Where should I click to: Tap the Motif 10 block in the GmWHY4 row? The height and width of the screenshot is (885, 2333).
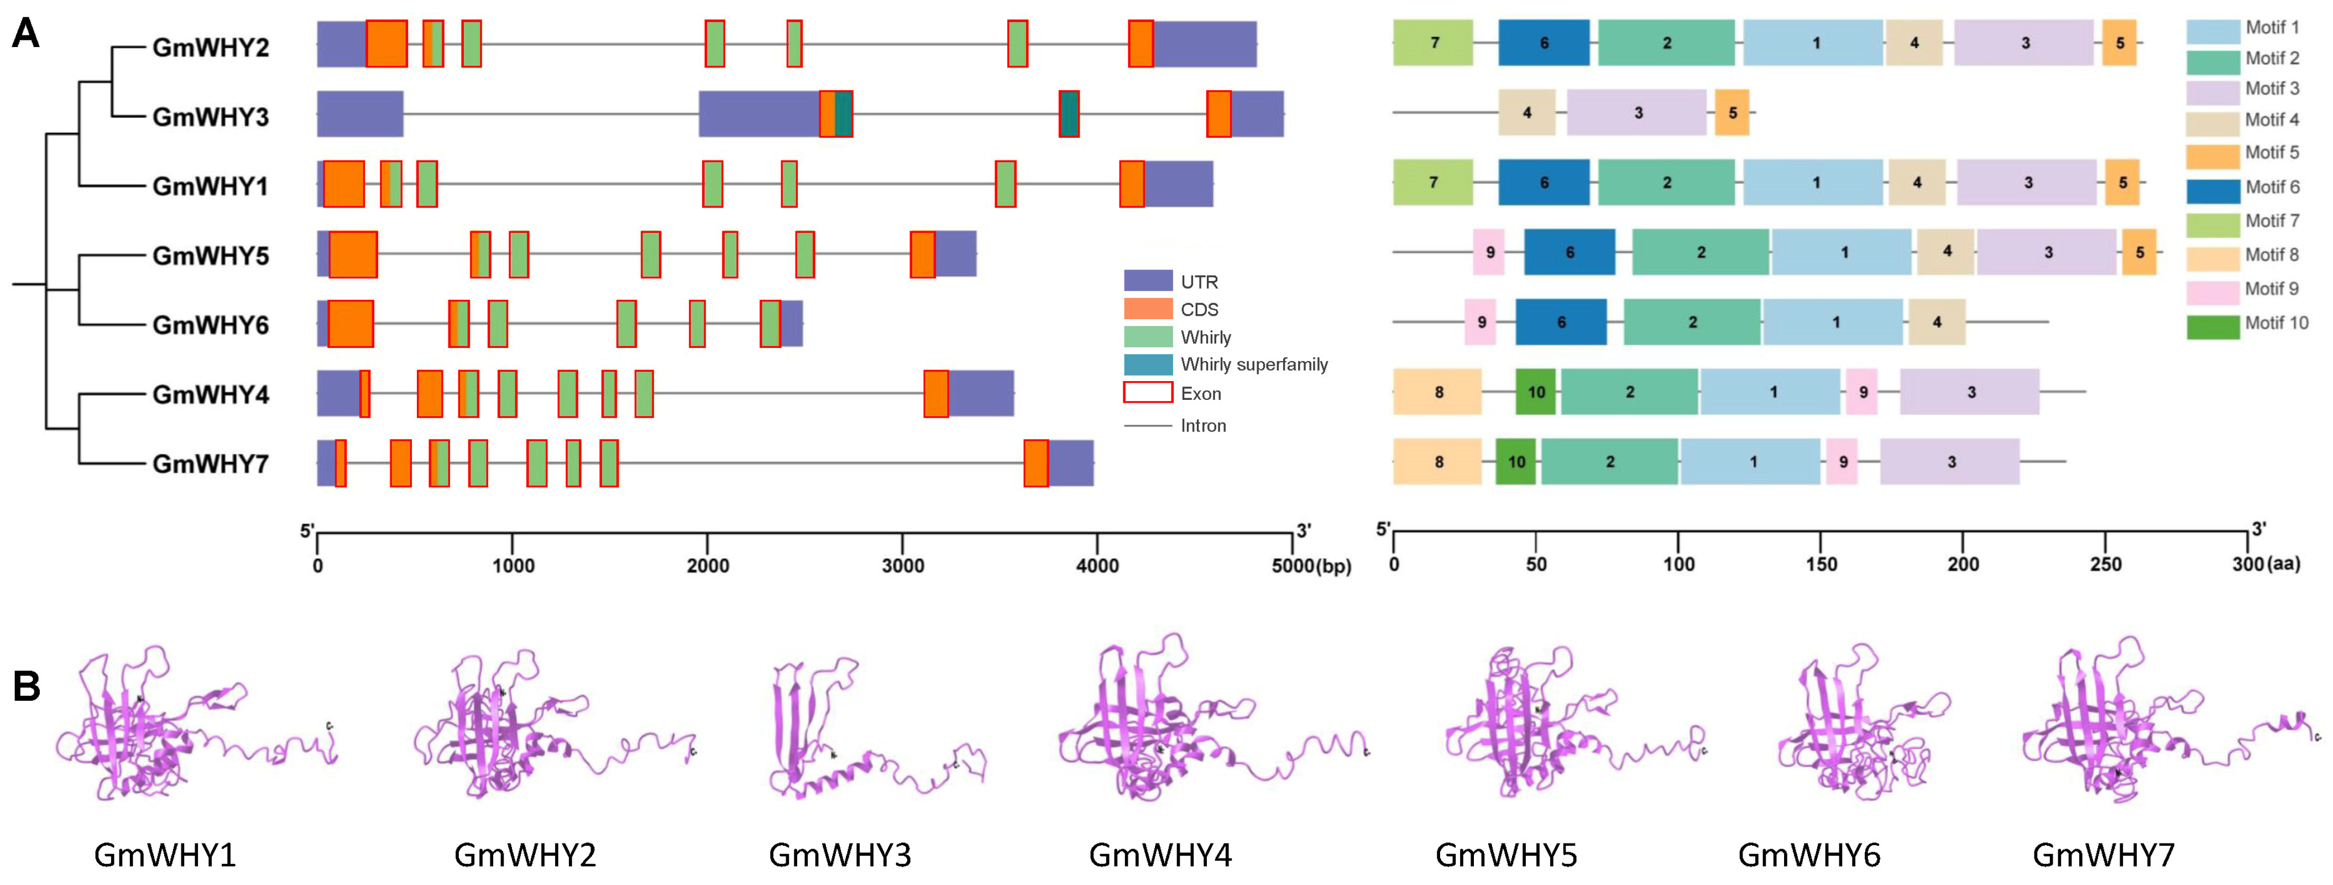point(1536,392)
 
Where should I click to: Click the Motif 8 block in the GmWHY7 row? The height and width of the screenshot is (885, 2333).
point(1437,462)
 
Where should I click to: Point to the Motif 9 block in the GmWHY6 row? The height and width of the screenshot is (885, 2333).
point(1481,322)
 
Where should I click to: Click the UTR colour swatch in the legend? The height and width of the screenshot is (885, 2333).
point(1148,281)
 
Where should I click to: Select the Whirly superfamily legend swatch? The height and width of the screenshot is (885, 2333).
point(1148,364)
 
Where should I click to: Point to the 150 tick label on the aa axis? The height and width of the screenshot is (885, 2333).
point(1821,564)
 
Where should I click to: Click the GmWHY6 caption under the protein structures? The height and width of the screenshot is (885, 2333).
point(1808,854)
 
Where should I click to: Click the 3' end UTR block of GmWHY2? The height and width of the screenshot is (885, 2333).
point(1205,44)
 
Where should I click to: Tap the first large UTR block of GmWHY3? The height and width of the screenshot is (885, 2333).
point(359,113)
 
